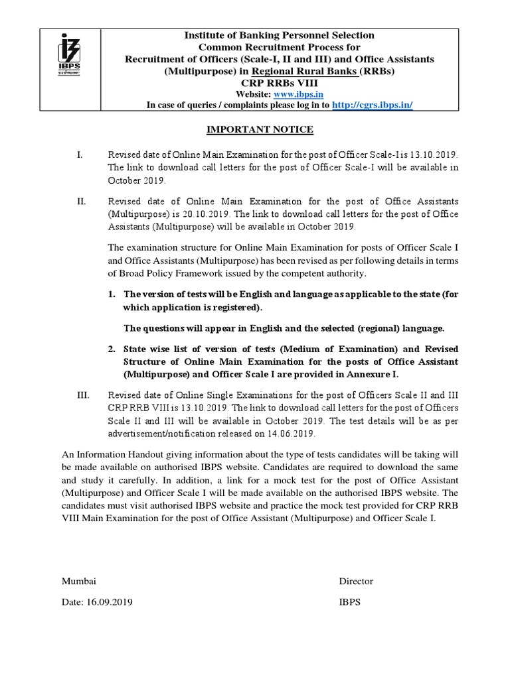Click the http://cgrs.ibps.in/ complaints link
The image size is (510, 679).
click(371, 105)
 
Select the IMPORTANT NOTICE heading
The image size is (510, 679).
click(256, 129)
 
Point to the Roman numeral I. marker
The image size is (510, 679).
click(79, 154)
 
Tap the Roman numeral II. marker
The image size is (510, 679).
click(80, 200)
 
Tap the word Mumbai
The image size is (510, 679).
click(79, 581)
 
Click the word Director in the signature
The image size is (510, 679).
click(356, 581)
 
